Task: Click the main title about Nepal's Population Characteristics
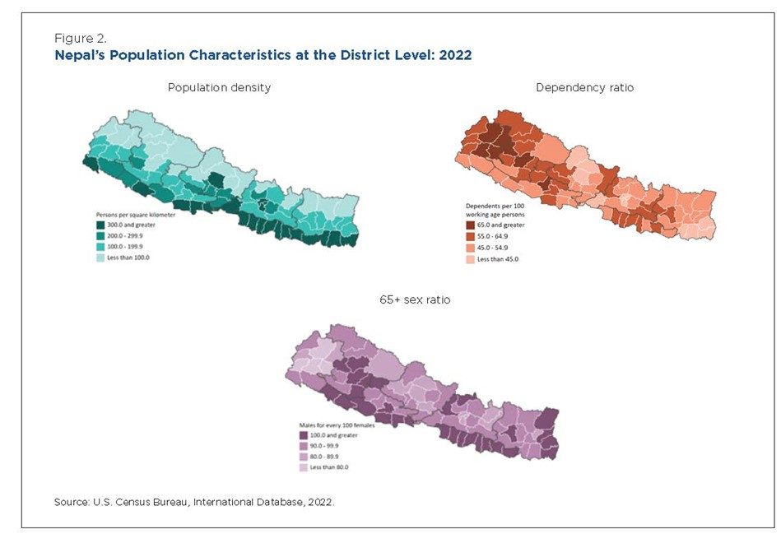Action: (x=263, y=55)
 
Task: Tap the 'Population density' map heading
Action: (x=219, y=87)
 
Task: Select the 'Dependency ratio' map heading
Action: (x=584, y=87)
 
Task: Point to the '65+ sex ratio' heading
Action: (x=415, y=300)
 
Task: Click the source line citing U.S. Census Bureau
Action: (x=194, y=501)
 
